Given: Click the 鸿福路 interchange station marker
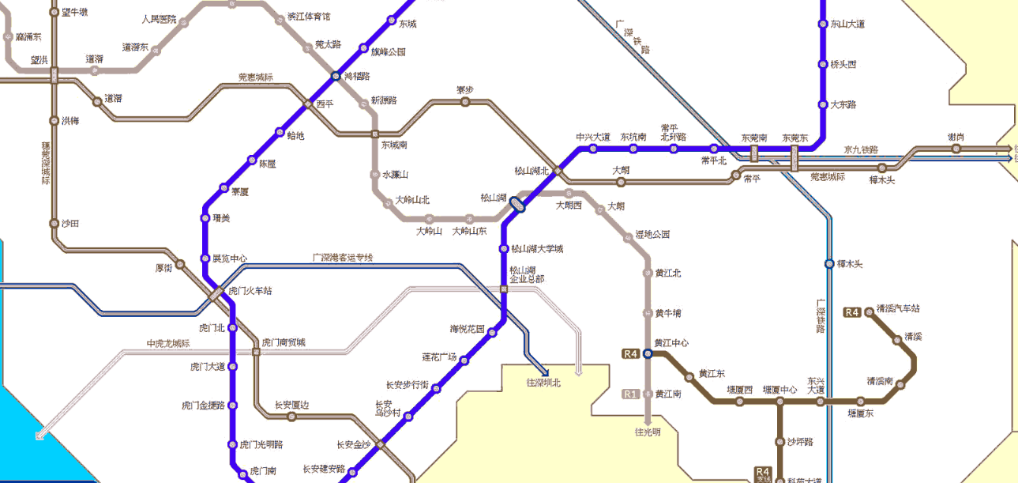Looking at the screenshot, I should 336,77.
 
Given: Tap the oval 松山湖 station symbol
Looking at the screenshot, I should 517,204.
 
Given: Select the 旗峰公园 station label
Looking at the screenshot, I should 388,51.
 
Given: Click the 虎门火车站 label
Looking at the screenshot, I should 250,291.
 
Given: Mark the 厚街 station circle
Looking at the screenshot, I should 180,264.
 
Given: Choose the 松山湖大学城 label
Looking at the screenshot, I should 537,249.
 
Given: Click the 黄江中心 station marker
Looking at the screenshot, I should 648,354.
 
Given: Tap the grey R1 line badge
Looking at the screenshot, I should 630,394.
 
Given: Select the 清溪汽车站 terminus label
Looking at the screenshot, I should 899,309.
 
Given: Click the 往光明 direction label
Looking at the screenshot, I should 648,432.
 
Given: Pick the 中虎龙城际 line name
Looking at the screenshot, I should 168,343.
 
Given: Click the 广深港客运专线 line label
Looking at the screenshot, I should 343,258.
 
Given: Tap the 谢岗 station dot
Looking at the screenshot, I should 956,148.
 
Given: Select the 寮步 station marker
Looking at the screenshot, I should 465,101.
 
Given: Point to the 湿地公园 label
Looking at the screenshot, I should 653,235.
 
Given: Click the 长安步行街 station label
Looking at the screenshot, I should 407,385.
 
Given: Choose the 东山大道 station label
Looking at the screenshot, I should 847,24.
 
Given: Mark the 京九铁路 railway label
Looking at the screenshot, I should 861,149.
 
